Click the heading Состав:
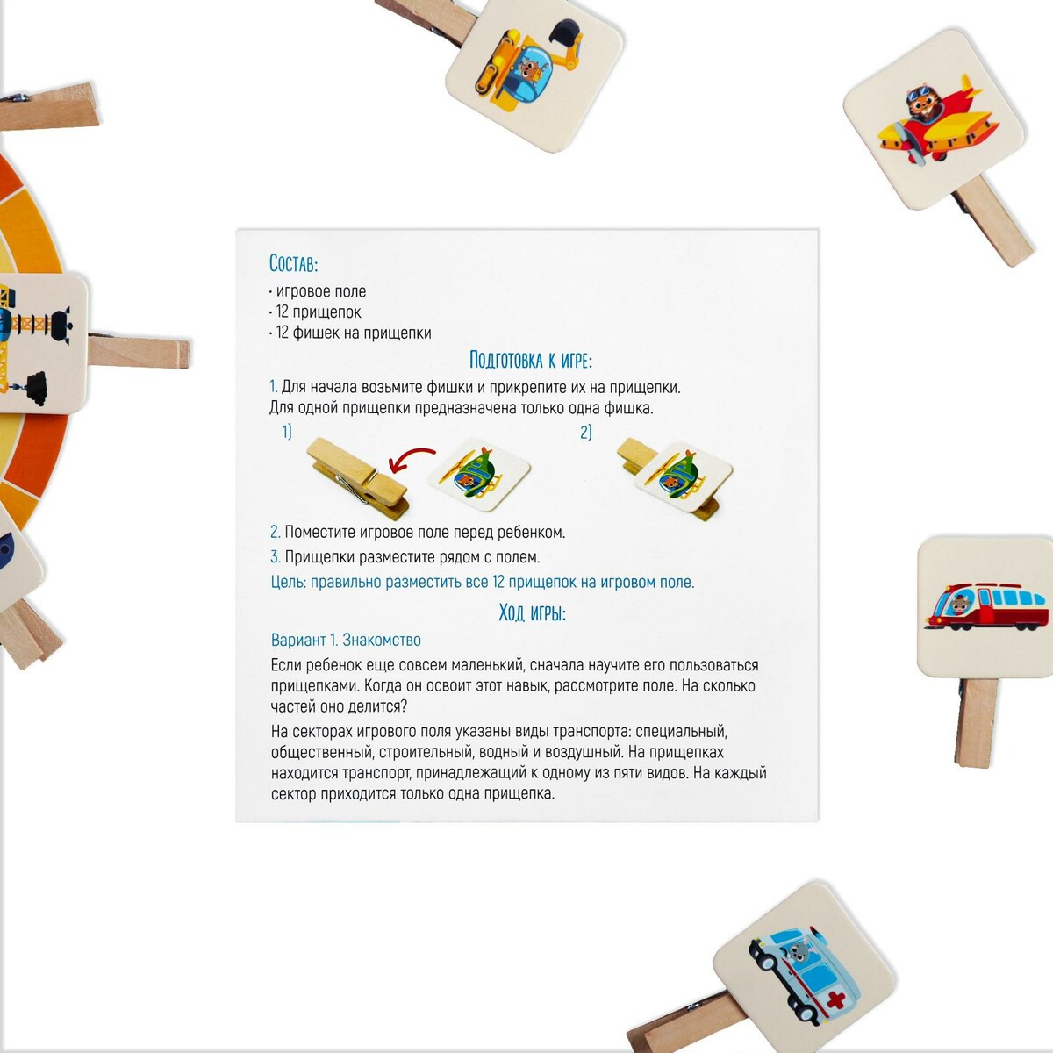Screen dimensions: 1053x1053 click(293, 263)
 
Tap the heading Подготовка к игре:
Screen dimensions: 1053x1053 click(531, 360)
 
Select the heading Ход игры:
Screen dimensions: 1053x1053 click(533, 612)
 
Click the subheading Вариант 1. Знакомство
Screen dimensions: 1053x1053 click(346, 640)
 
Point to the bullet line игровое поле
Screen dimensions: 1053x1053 click(318, 291)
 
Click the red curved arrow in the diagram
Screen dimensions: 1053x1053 click(411, 460)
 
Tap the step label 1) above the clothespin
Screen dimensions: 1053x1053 click(287, 433)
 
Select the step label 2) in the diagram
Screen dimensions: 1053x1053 click(586, 433)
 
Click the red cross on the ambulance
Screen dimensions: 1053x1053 click(835, 999)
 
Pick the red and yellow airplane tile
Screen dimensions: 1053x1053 click(934, 119)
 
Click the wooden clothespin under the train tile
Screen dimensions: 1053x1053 click(976, 721)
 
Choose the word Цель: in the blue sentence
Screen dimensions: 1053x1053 click(288, 583)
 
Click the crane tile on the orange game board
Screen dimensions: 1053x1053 click(42, 344)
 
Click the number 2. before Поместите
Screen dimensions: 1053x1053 click(276, 532)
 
